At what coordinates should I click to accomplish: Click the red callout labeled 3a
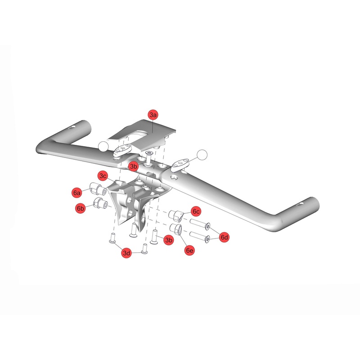point(153,115)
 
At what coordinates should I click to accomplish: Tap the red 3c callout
point(103,175)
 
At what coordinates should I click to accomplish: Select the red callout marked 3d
point(127,253)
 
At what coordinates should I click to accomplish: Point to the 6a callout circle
point(77,193)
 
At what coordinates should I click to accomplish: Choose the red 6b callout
point(81,208)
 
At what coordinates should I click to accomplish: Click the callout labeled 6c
point(196,211)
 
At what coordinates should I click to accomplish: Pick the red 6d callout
point(225,237)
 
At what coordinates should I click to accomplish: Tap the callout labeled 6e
point(190,250)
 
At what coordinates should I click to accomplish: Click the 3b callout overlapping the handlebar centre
point(133,166)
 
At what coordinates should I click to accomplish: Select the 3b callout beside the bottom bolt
point(169,241)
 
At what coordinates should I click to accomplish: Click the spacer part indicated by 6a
point(98,188)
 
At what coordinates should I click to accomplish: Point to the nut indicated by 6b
point(99,204)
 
